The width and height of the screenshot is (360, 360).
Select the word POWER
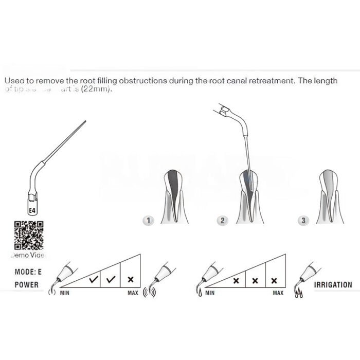pos(27,284)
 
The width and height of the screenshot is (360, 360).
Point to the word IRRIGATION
pos(333,284)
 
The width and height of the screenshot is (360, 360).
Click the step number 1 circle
pos(148,221)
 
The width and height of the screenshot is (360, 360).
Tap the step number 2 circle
pos(223,221)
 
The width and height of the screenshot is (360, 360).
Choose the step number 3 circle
pos(303,221)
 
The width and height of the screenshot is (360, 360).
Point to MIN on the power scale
pos(65,293)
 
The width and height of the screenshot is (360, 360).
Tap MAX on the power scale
pos(133,293)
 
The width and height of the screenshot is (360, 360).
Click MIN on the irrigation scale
pos(210,293)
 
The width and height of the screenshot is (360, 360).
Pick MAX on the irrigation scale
pos(278,293)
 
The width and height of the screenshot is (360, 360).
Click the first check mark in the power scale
pos(94,280)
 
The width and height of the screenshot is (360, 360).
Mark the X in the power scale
pos(131,280)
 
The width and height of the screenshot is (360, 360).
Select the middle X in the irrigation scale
pos(256,281)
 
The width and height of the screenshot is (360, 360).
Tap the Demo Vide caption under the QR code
pos(28,255)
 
